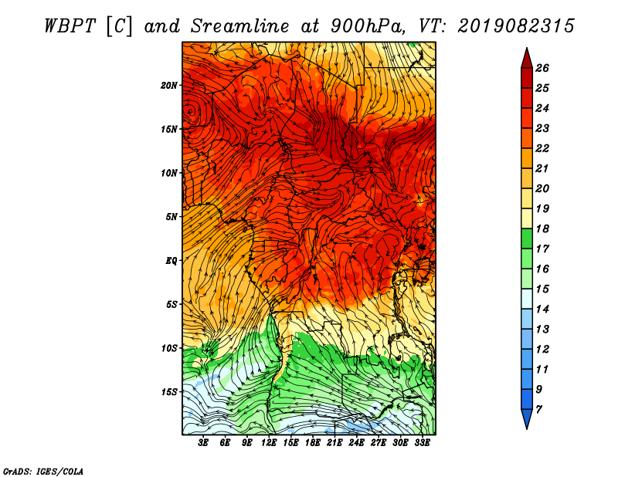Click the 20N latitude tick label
168,86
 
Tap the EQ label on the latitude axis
171,261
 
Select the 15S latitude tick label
168,392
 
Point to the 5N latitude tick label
171,217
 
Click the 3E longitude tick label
203,443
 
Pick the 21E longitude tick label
334,443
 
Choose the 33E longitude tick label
422,443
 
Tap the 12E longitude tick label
268,443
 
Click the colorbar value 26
542,68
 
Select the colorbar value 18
542,228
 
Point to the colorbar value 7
538,410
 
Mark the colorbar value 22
542,148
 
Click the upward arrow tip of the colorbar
527,48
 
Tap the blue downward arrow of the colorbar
527,418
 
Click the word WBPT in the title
70,26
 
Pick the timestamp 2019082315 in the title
516,26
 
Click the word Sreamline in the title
240,26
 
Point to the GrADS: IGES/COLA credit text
43,471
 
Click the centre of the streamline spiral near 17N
191,111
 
